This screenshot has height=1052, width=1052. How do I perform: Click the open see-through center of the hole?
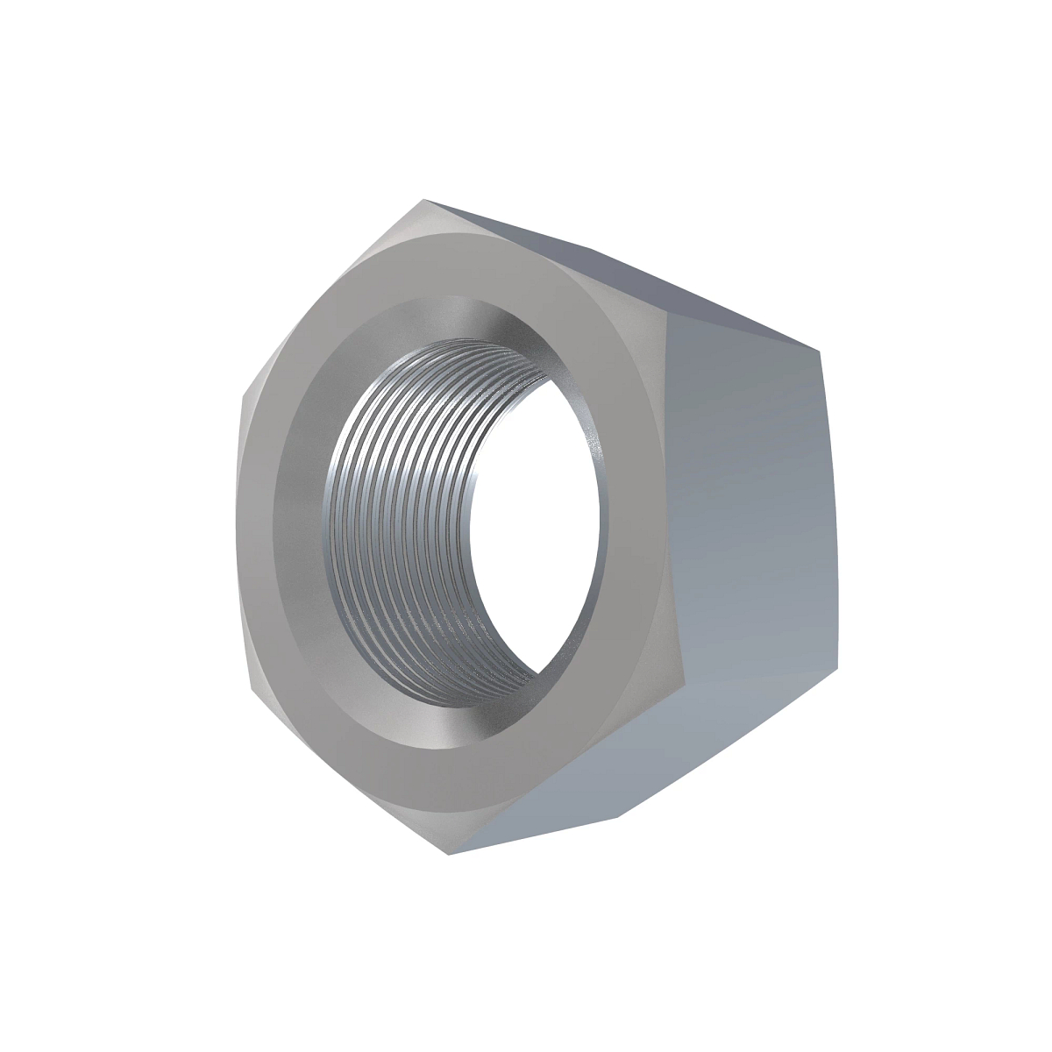[535, 526]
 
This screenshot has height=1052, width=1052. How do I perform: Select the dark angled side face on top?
[614, 263]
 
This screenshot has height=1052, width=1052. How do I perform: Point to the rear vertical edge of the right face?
[829, 526]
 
